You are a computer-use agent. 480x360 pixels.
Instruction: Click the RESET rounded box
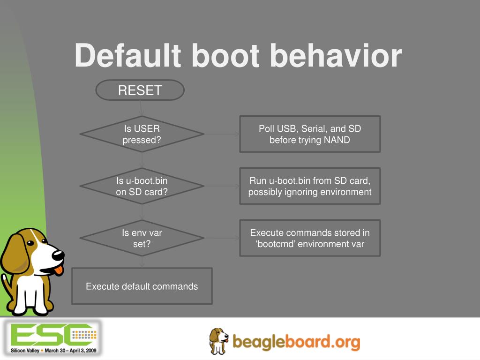pos(140,90)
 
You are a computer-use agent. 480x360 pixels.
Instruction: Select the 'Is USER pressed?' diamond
pos(142,134)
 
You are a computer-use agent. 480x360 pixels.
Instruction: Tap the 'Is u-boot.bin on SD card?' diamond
pos(142,186)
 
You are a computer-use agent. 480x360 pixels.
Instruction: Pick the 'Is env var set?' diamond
pos(142,238)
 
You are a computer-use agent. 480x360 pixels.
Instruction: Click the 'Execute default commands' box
pos(142,286)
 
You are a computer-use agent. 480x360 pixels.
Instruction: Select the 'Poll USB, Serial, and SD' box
pos(310,134)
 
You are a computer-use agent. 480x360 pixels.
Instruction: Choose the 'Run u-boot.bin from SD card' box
pos(310,186)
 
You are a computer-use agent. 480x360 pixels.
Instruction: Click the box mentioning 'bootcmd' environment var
pos(310,238)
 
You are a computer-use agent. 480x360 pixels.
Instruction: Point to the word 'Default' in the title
pos(128,55)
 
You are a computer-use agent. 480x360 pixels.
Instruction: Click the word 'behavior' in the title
pos(336,55)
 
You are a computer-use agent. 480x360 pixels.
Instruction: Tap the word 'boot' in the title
pos(226,55)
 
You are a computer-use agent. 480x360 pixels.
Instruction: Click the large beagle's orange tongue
pos(59,270)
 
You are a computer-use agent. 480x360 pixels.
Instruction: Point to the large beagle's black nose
pos(58,255)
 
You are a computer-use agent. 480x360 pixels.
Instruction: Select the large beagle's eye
pos(30,243)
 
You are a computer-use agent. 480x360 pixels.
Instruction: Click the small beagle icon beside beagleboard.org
pos(219,341)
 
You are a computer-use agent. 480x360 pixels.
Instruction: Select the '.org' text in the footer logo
pos(345,342)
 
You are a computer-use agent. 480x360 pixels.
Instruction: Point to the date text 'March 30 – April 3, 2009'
pos(70,351)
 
